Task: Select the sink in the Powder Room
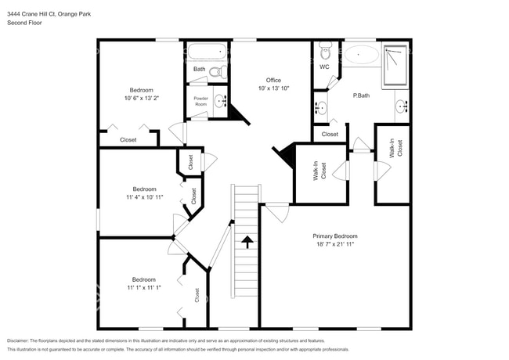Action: point(221,102)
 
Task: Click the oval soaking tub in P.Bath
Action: point(362,56)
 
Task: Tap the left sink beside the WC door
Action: point(321,107)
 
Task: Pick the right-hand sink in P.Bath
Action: point(401,107)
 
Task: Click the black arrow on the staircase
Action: point(247,241)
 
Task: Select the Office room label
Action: point(273,80)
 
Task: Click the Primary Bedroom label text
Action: point(334,236)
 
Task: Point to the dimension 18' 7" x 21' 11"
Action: point(334,244)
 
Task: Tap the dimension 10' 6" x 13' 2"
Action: point(142,99)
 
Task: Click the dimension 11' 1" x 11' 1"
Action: point(143,288)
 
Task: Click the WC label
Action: point(324,67)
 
